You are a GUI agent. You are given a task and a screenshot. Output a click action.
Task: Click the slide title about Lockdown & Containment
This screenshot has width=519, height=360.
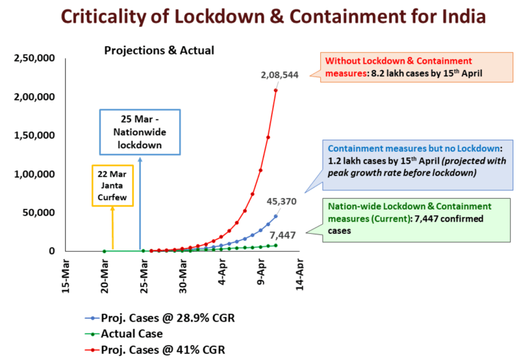(259, 16)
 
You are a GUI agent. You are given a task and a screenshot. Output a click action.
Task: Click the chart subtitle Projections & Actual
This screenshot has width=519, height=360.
(159, 50)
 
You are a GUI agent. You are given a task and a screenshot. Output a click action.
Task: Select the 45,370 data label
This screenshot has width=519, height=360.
(282, 201)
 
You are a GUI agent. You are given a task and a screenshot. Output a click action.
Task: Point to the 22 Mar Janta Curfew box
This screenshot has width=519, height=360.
(113, 185)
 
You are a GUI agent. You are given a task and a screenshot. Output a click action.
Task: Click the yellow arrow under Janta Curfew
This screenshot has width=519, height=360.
(113, 228)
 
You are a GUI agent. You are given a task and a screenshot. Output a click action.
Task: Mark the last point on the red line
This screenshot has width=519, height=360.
(276, 90)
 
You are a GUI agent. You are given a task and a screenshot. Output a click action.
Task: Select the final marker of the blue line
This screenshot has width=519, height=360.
(276, 216)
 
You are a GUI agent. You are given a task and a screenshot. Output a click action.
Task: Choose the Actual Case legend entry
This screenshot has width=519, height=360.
(131, 334)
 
